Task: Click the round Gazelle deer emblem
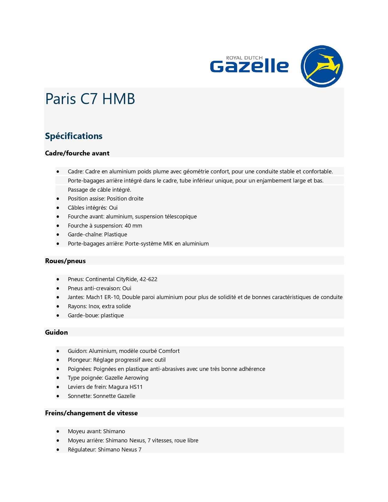tap(322, 66)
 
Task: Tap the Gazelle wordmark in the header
tap(249, 66)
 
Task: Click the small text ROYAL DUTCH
tap(244, 58)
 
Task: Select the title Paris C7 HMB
tap(90, 99)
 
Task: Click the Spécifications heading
tap(74, 136)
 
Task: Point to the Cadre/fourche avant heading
tap(77, 153)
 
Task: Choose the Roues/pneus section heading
tap(65, 261)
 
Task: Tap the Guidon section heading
tap(56, 333)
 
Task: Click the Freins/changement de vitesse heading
tap(91, 413)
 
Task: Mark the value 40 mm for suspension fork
tap(133, 226)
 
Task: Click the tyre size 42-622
tap(148, 279)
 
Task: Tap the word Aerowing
tap(136, 378)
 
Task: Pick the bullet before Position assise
tap(58, 199)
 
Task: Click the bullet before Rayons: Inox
tap(58, 306)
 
